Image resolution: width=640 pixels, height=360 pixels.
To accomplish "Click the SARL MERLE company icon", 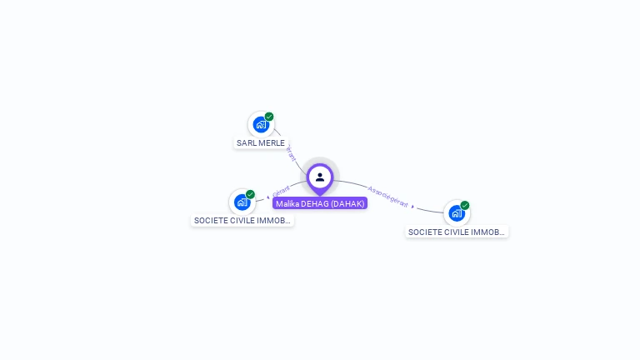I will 261,125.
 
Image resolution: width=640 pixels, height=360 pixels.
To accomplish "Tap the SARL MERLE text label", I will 261,142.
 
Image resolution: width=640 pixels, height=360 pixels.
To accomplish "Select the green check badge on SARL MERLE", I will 269,117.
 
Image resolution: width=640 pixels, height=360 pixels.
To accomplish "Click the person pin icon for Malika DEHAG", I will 320,177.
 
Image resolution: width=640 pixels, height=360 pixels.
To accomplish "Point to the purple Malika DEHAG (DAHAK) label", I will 320,203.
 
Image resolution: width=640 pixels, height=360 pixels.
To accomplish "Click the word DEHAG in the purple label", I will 313,203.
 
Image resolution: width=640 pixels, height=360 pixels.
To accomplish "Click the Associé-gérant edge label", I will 387,197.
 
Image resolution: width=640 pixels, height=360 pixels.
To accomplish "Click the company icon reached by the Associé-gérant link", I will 456,213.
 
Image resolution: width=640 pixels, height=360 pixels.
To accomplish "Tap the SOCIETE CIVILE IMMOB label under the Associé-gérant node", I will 457,232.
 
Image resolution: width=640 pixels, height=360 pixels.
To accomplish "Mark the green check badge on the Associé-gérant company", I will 465,205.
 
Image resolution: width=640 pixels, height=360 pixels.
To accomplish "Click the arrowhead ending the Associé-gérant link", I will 413,206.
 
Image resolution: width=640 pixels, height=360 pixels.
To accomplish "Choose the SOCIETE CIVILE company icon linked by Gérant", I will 242,202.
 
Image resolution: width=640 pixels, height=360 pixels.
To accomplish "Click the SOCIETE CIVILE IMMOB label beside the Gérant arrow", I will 242,221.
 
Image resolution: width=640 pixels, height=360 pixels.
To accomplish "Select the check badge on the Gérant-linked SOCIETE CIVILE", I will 250,194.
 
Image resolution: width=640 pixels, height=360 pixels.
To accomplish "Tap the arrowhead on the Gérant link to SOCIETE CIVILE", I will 267,197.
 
